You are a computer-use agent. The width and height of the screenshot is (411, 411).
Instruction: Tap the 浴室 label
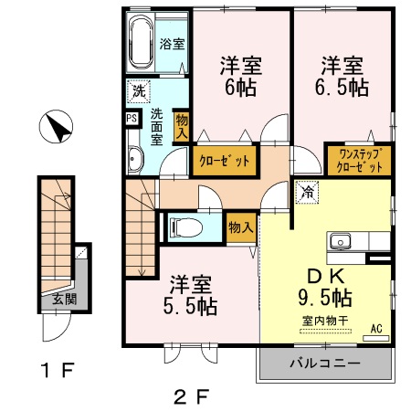pyautogui.click(x=173, y=43)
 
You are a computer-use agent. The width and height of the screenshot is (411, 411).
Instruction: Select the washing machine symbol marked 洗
pyautogui.click(x=138, y=92)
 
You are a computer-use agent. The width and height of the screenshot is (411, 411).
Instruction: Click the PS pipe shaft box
pyautogui.click(x=132, y=119)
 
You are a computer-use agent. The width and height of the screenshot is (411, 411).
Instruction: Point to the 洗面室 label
pyautogui.click(x=156, y=127)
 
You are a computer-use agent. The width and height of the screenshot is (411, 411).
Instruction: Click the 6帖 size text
pyautogui.click(x=240, y=88)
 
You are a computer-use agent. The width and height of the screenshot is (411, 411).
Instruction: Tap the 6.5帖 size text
pyautogui.click(x=342, y=88)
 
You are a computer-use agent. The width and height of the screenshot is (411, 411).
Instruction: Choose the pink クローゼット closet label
pyautogui.click(x=224, y=162)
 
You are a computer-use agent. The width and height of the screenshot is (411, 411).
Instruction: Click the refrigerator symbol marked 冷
pyautogui.click(x=308, y=193)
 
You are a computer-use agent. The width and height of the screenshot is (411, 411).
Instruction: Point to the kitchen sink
pyautogui.click(x=341, y=242)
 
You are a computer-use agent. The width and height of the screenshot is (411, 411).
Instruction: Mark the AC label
pyautogui.click(x=376, y=329)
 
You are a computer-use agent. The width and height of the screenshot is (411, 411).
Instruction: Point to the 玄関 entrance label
pyautogui.click(x=65, y=299)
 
